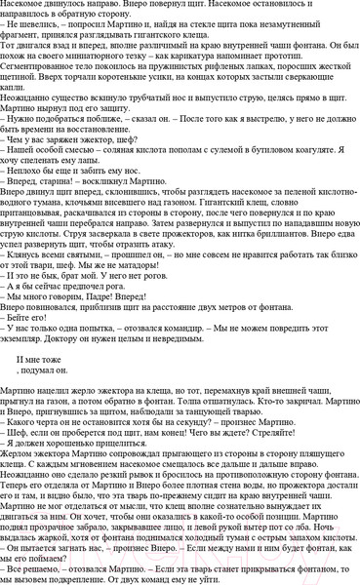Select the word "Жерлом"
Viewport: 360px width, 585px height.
click(x=20, y=474)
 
